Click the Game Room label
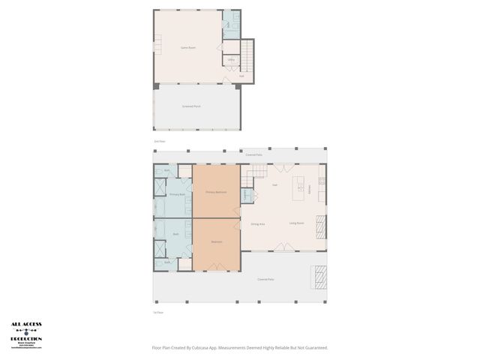187,47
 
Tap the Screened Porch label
191,106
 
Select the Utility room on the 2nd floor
230,59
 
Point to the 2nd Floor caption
158,140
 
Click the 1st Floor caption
158,312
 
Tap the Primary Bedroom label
216,192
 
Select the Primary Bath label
176,195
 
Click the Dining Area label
257,223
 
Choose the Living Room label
296,223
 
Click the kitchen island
301,184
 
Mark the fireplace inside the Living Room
321,225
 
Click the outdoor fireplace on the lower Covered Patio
320,277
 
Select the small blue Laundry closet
245,195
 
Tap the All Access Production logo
26,334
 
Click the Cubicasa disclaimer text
239,347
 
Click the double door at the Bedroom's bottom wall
216,266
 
